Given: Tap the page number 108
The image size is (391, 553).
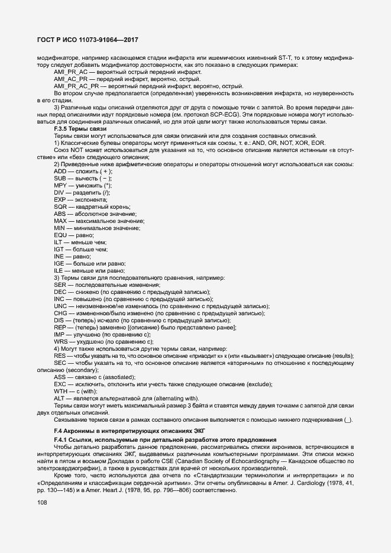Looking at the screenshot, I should click(x=42, y=503).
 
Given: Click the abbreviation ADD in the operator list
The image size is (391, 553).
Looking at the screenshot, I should click(x=60, y=171).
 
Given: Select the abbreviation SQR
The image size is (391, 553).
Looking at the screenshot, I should click(x=60, y=206).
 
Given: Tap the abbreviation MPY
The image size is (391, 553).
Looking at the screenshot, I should click(x=60, y=185).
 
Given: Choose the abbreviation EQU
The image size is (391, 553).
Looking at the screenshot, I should click(x=60, y=235).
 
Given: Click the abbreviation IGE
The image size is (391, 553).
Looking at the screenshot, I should click(x=59, y=263).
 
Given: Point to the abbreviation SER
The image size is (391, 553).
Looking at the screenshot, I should click(x=60, y=284).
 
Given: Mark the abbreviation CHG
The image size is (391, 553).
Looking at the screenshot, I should click(x=60, y=313).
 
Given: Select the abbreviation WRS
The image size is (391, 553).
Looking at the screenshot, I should click(x=60, y=341).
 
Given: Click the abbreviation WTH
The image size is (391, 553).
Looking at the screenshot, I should click(x=60, y=391).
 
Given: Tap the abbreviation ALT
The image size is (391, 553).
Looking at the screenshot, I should click(x=59, y=398).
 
